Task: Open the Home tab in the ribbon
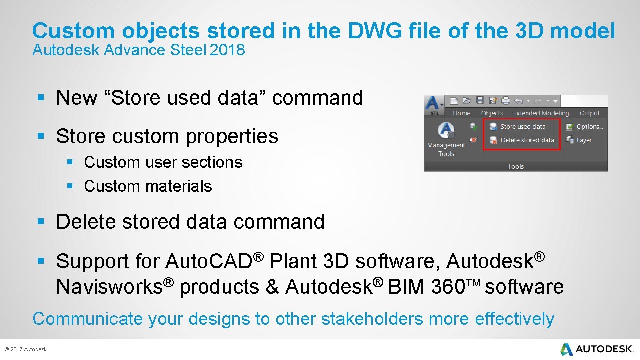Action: click(461, 113)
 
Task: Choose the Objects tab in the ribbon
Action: click(492, 113)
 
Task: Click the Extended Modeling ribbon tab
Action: click(541, 113)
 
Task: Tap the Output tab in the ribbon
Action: click(589, 113)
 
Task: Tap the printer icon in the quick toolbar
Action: click(505, 100)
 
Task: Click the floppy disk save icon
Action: click(480, 100)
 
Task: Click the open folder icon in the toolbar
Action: click(467, 100)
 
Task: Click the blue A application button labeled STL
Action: click(433, 105)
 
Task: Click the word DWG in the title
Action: click(375, 31)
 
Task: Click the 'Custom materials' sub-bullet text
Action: click(148, 186)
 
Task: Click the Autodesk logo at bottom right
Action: click(597, 349)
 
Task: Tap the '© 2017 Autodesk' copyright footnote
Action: click(25, 349)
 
